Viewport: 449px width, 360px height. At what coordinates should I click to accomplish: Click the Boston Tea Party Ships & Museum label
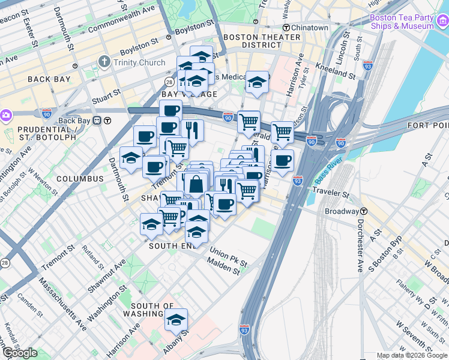point(402,22)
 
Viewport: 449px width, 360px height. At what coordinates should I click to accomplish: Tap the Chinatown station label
point(306,28)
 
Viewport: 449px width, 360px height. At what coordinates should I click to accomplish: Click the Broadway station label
point(342,212)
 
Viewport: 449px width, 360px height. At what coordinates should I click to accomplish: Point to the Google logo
point(20,353)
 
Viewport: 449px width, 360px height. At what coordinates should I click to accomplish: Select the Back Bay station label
point(76,121)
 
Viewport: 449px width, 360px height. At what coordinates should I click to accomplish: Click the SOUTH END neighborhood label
point(172,246)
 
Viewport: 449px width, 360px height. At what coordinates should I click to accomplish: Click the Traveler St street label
point(331,194)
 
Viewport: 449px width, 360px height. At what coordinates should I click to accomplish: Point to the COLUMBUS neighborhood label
point(80,179)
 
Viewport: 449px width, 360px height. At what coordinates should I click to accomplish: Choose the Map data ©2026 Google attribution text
point(412,355)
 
